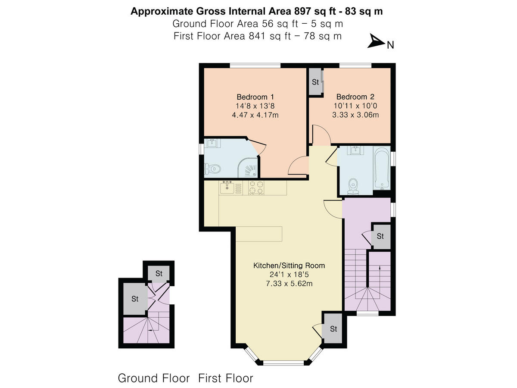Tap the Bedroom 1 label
pyautogui.click(x=255, y=97)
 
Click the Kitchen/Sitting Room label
pyautogui.click(x=289, y=265)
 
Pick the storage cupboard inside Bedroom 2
pyautogui.click(x=315, y=82)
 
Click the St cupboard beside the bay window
pyautogui.click(x=333, y=329)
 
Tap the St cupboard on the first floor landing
pyautogui.click(x=380, y=236)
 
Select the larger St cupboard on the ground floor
pyautogui.click(x=135, y=298)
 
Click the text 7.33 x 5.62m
pyautogui.click(x=289, y=284)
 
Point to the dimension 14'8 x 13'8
pyautogui.click(x=255, y=106)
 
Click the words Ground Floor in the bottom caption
pyautogui.click(x=153, y=379)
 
